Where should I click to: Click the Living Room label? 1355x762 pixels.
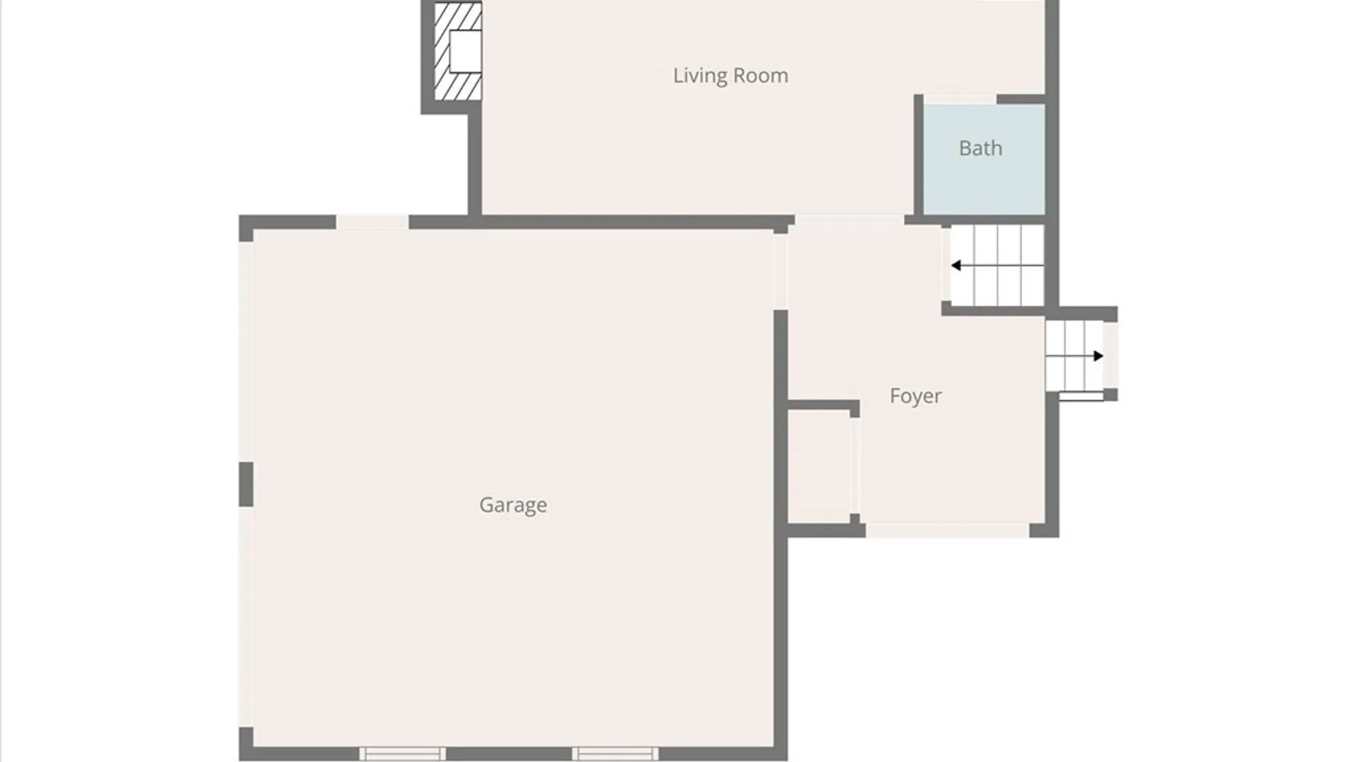click(730, 75)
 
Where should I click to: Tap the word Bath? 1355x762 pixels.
click(980, 148)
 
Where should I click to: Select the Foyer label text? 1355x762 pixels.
click(915, 396)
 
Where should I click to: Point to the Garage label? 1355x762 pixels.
click(513, 505)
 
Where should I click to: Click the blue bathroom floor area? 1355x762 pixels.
click(984, 159)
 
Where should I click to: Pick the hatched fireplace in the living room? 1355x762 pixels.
click(457, 52)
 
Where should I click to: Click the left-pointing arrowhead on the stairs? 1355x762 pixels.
click(956, 265)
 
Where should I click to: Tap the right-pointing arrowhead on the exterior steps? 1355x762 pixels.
click(1098, 356)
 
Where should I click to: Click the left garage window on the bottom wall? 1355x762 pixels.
click(402, 754)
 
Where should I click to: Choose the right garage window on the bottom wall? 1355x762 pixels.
click(615, 754)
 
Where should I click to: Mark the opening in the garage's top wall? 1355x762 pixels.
click(372, 222)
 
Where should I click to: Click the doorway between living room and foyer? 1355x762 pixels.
click(850, 220)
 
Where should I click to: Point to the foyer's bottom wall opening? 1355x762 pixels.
click(947, 531)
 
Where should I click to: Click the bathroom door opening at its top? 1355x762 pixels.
click(960, 99)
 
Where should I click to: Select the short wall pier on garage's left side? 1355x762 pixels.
click(246, 485)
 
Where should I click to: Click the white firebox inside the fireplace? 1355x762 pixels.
click(465, 52)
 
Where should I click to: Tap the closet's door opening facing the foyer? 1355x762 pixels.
click(855, 466)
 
